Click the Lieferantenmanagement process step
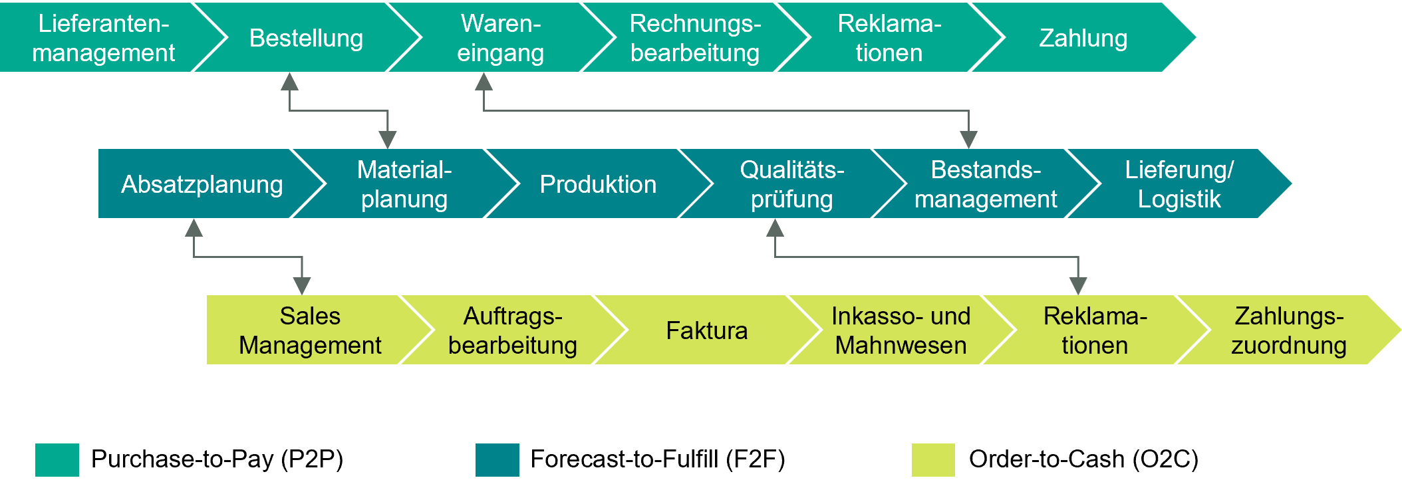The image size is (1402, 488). tap(103, 38)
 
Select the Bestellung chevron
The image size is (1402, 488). tap(306, 38)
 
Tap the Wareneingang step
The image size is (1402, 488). tap(500, 38)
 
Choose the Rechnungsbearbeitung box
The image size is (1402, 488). tap(695, 38)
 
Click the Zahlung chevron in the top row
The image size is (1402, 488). tap(1083, 38)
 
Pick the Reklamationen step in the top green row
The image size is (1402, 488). tap(889, 38)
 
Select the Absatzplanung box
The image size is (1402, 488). tap(202, 184)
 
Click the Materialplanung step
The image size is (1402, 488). tap(404, 184)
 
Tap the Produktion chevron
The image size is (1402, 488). tap(598, 184)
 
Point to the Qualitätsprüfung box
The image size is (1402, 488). tap(791, 184)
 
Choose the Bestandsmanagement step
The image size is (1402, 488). tap(986, 184)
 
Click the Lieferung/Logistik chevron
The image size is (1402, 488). tap(1179, 184)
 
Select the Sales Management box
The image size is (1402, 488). tap(310, 330)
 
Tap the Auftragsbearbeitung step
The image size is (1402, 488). tap(512, 330)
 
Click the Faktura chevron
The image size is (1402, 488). tap(706, 330)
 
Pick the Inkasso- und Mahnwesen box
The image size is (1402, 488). tap(901, 330)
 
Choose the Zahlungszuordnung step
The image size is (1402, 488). tap(1288, 330)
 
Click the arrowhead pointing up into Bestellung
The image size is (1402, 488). tap(289, 82)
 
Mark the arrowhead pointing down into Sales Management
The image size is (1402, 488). tap(302, 286)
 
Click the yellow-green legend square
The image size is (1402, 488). tap(933, 460)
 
